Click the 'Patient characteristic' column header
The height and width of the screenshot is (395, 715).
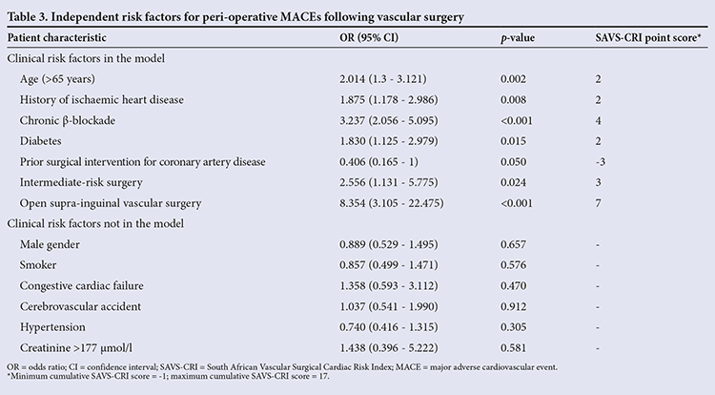[x=56, y=37]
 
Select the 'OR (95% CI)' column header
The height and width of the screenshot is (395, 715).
[x=369, y=37]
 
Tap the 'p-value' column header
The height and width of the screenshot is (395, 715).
[x=518, y=38]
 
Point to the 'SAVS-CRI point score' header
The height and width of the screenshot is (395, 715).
[x=648, y=37]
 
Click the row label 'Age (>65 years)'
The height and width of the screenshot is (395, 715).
[x=57, y=79]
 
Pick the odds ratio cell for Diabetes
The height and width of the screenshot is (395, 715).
[x=389, y=141]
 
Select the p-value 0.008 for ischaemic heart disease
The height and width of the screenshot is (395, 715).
[x=513, y=99]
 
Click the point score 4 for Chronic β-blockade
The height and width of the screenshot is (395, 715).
[x=599, y=120]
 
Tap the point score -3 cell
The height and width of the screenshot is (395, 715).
[x=601, y=162]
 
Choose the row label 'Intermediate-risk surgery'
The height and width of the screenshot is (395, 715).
[x=81, y=182]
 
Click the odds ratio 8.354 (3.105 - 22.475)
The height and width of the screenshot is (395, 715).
[x=391, y=203]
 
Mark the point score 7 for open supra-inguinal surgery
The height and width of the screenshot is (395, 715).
[x=599, y=203]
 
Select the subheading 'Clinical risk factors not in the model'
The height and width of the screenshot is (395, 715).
[x=95, y=223]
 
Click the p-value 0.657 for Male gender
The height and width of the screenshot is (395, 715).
[x=513, y=244]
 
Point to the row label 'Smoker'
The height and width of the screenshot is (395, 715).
[x=38, y=265]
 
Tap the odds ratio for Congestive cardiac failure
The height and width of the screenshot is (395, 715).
[x=389, y=285]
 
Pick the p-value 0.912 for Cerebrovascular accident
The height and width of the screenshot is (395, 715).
[x=513, y=306]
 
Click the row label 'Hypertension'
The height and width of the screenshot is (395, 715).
[x=52, y=327]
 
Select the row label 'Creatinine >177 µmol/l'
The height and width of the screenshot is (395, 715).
[x=76, y=348]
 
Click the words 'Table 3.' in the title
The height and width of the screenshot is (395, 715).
[x=27, y=17]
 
